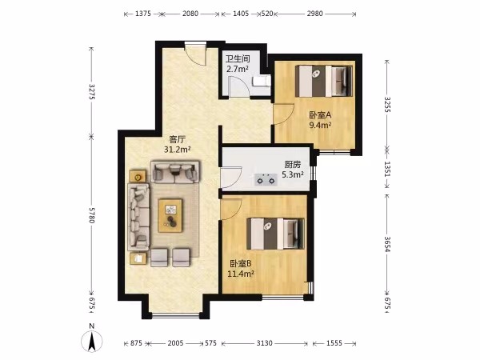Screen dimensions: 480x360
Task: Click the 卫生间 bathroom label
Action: tap(238, 58)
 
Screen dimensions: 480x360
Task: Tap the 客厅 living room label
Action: tap(178, 139)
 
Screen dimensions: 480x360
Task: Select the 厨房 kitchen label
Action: tap(293, 165)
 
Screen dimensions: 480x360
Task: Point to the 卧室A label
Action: tap(320, 115)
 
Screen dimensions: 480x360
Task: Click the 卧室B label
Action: tap(241, 263)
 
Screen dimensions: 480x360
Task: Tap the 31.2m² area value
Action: tap(178, 150)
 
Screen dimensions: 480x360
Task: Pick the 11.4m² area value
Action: tap(241, 274)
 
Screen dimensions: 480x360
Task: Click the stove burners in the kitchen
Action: tap(266, 180)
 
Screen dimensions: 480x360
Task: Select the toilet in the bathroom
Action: tap(261, 82)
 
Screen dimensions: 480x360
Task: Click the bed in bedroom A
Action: tap(324, 81)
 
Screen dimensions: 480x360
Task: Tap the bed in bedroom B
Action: tap(275, 234)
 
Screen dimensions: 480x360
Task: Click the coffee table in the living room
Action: tap(170, 215)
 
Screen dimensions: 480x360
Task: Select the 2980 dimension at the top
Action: tap(314, 14)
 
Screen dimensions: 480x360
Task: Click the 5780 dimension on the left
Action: tap(92, 215)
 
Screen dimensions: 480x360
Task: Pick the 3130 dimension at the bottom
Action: tap(264, 343)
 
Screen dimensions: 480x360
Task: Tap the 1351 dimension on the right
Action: tap(387, 169)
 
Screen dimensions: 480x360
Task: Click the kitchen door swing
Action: tap(231, 178)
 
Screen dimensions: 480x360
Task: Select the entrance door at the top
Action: tap(195, 54)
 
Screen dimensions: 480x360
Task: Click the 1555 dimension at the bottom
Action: tap(334, 343)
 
